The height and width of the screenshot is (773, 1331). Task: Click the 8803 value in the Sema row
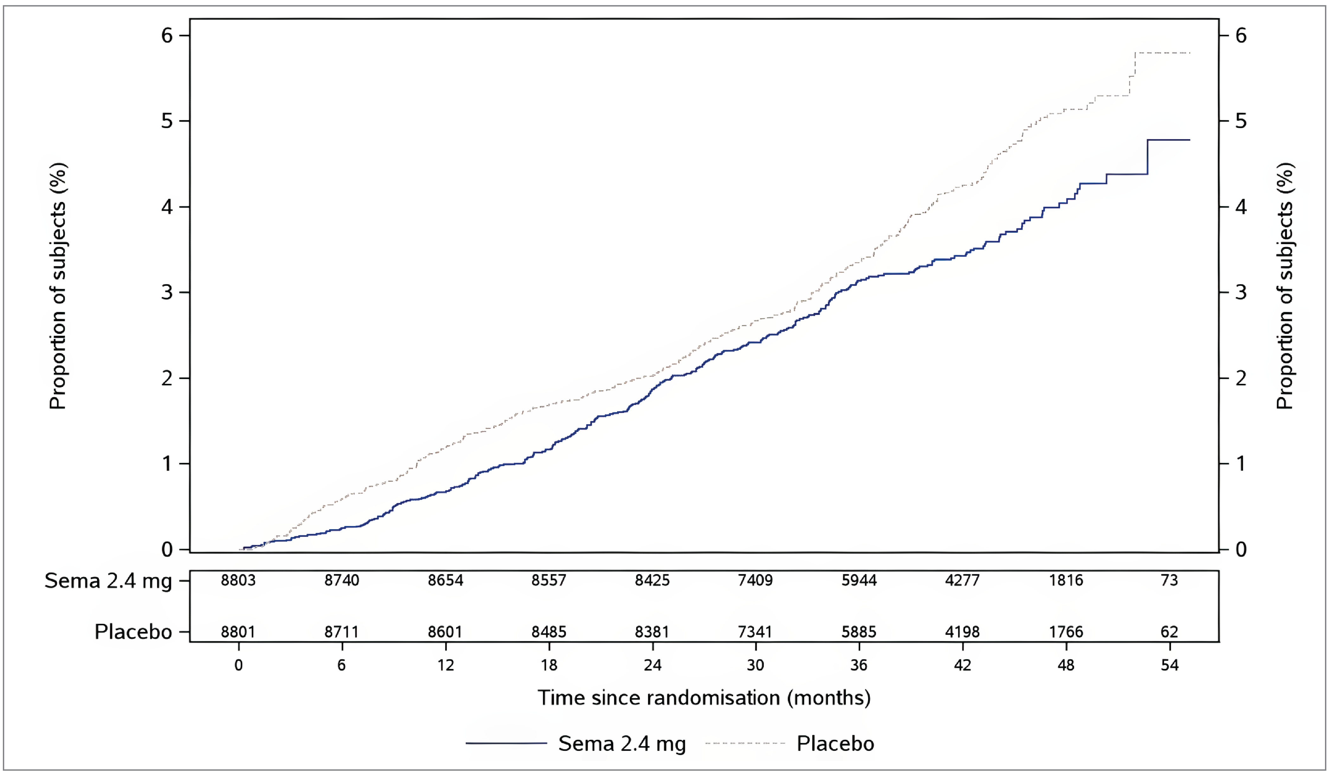click(238, 580)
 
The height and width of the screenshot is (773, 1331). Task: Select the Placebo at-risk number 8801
click(238, 632)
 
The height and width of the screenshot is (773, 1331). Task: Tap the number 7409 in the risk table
click(755, 580)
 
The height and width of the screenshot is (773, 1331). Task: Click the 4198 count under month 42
click(962, 632)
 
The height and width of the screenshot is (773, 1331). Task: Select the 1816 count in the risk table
click(1066, 580)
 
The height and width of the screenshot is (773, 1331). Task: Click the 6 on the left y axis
click(167, 36)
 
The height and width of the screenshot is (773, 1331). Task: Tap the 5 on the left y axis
click(167, 121)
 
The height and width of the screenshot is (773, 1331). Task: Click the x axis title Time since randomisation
click(704, 698)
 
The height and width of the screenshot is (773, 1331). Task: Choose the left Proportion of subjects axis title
click(58, 286)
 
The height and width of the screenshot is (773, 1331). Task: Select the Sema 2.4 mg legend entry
click(622, 744)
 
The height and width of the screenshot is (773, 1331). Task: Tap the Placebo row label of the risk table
click(133, 632)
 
